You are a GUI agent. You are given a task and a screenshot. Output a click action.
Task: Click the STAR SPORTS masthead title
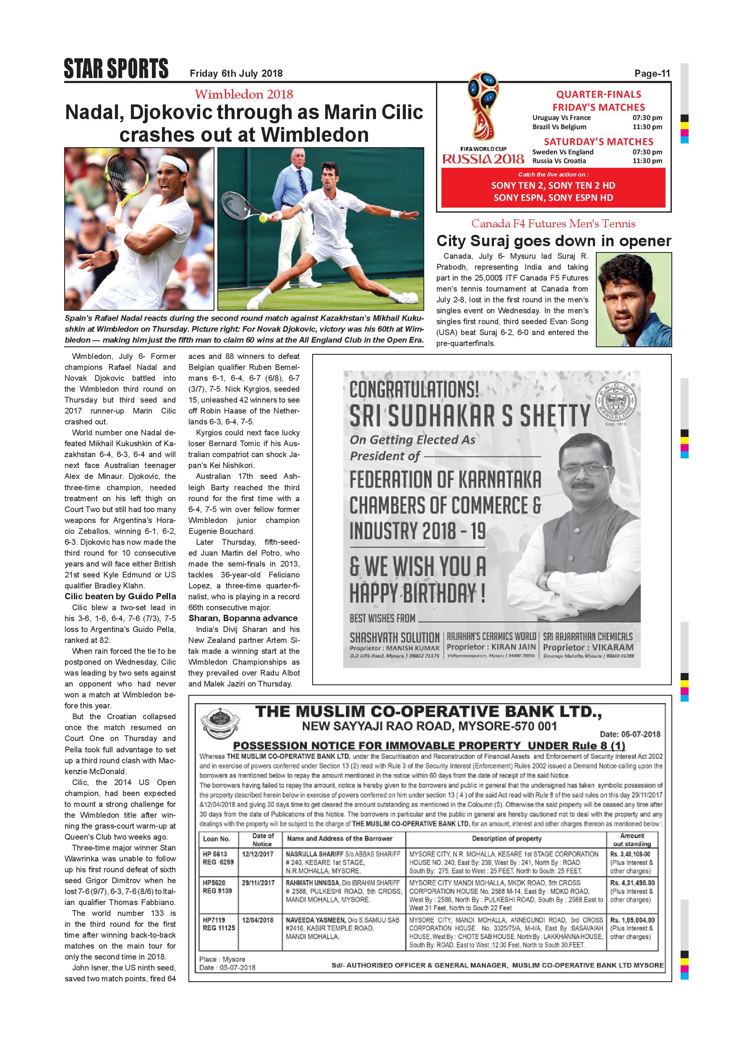point(116,69)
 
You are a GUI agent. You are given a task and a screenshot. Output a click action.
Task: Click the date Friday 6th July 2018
point(236,73)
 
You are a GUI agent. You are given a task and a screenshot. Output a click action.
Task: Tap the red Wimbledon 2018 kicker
point(244,94)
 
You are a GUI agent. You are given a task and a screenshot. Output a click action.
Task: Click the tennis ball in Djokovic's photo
point(263,219)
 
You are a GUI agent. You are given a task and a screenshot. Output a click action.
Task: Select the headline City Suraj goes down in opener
point(553,241)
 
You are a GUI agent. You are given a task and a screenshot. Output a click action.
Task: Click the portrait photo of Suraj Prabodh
point(634,299)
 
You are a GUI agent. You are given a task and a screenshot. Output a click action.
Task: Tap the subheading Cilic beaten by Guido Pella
point(120,597)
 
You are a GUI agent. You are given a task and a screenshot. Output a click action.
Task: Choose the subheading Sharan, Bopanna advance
point(243,618)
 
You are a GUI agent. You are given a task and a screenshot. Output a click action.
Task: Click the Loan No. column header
point(216,838)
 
